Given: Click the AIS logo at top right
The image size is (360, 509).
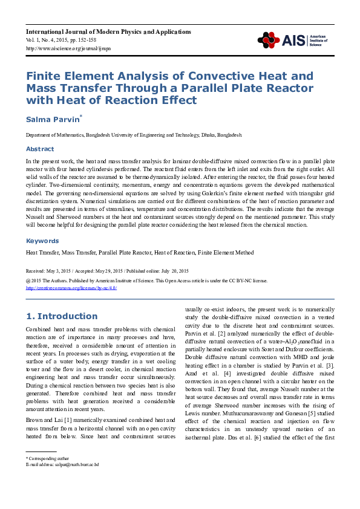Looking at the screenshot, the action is (298, 40).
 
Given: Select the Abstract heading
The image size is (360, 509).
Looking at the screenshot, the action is (39, 149).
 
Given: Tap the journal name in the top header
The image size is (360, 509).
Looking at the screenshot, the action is (89, 30).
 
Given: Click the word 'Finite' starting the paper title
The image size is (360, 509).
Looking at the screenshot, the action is (44, 77).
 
